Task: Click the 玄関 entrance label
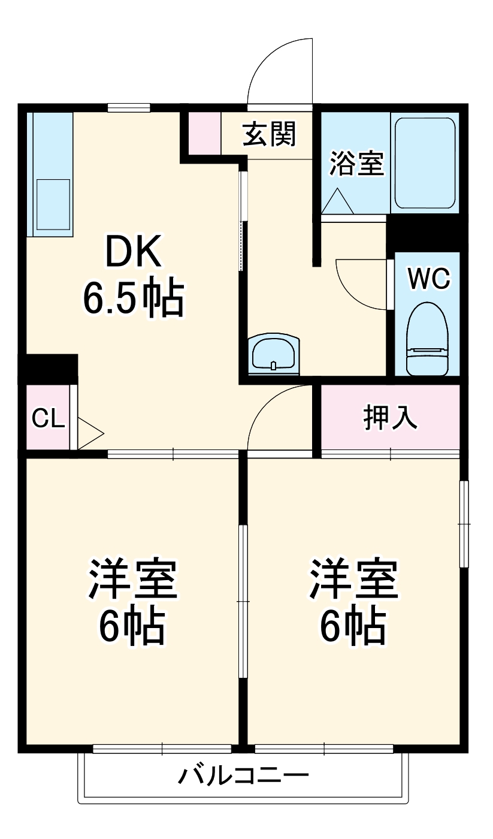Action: (x=269, y=134)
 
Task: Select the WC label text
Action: (x=429, y=279)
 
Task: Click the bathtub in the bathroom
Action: (x=425, y=163)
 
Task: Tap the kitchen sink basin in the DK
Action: (x=53, y=204)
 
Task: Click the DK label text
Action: (x=134, y=251)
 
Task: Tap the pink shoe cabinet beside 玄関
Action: (x=204, y=133)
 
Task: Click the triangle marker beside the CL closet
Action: (x=90, y=434)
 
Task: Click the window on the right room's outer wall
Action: (x=464, y=524)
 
